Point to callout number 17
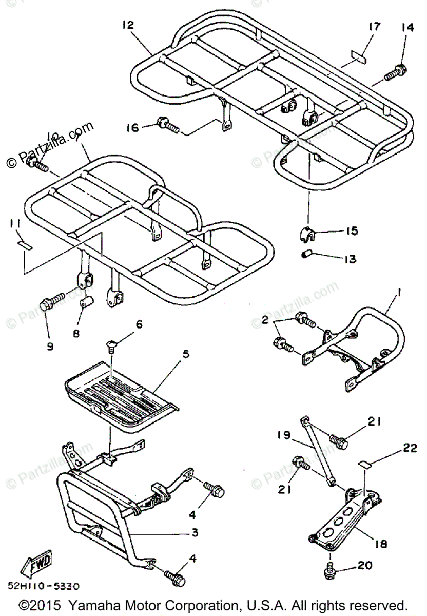pos(376,26)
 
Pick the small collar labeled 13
pos(307,255)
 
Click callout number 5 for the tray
pos(185,354)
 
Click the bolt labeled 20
pos(331,566)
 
